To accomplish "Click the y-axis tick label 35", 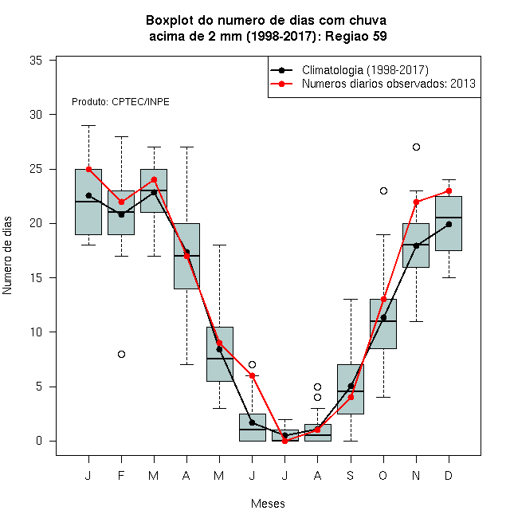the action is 36,61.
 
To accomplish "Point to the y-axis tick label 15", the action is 36,278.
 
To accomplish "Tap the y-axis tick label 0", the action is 39,441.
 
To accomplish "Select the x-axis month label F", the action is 121,475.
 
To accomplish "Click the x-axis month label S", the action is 351,475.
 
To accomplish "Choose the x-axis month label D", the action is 449,475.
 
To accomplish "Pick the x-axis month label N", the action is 416,475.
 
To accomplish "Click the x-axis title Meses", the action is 268,504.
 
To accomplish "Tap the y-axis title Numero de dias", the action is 7,256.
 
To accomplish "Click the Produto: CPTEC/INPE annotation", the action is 120,102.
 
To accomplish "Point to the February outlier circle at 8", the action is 121,354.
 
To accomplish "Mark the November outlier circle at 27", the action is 416,147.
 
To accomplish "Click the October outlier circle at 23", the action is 383,191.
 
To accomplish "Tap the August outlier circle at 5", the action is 317,387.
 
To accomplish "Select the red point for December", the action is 449,191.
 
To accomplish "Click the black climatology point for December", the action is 449,224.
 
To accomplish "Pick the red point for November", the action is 416,202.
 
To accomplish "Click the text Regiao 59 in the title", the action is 356,36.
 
